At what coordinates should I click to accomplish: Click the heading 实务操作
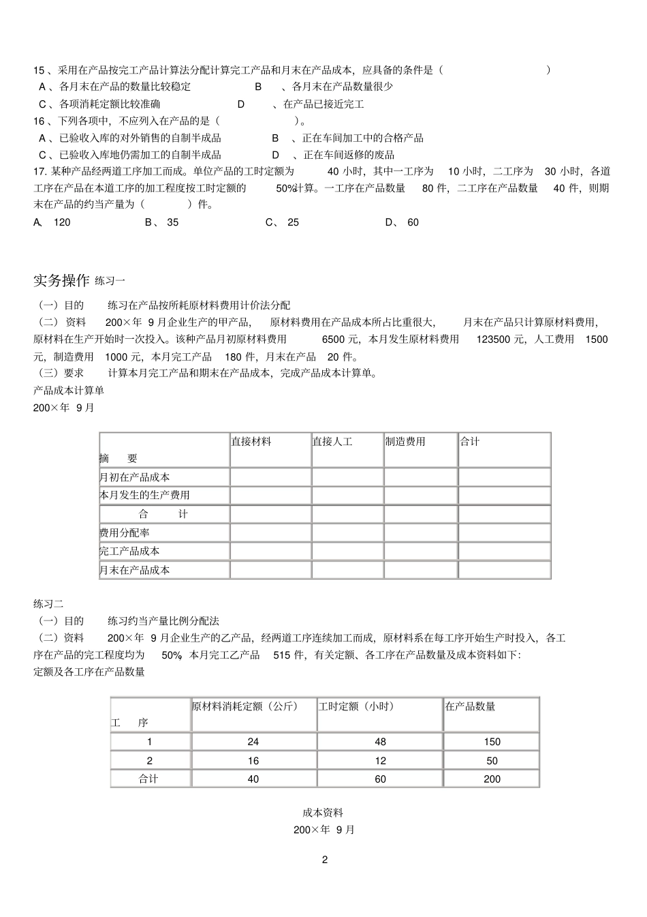[x=61, y=280]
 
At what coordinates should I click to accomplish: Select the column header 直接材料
[x=251, y=442]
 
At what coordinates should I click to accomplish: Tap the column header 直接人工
[x=332, y=442]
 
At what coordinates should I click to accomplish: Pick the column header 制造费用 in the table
[x=405, y=442]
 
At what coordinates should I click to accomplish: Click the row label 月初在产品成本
[x=135, y=477]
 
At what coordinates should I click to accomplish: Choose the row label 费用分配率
[x=125, y=532]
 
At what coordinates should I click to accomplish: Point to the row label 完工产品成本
[x=129, y=551]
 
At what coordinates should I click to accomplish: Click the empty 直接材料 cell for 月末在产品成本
[x=270, y=570]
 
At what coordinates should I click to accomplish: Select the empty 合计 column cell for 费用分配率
[x=504, y=532]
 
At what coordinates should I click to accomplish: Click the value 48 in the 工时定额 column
[x=380, y=742]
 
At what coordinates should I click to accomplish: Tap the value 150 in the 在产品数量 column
[x=492, y=742]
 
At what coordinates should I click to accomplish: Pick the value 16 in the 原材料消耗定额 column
[x=253, y=761]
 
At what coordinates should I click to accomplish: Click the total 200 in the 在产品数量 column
[x=492, y=779]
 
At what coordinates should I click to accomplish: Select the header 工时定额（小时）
[x=356, y=706]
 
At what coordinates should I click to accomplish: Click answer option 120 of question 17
[x=62, y=222]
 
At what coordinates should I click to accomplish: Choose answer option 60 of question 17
[x=413, y=222]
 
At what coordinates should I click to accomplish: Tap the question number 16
[x=39, y=121]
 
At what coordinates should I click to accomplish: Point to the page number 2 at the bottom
[x=324, y=860]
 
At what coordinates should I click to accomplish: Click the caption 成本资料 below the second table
[x=323, y=813]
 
